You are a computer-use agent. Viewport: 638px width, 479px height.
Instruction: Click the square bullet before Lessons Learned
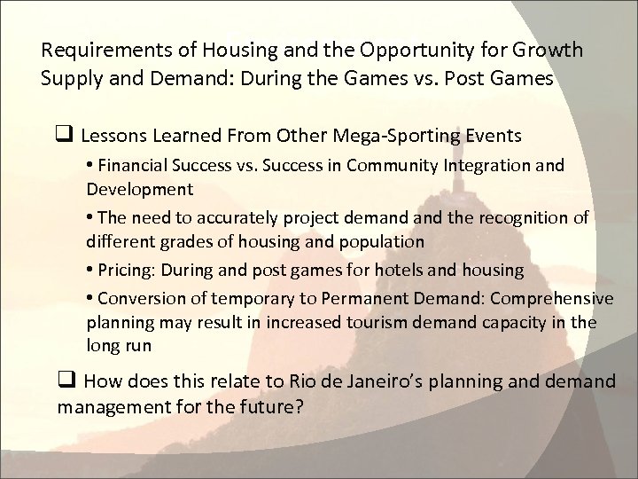tap(65, 137)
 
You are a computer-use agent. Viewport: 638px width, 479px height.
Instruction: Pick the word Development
tap(133, 188)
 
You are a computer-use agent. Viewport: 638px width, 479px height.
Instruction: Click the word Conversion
tap(138, 301)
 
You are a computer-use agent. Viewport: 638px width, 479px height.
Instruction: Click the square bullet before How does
tap(65, 382)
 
